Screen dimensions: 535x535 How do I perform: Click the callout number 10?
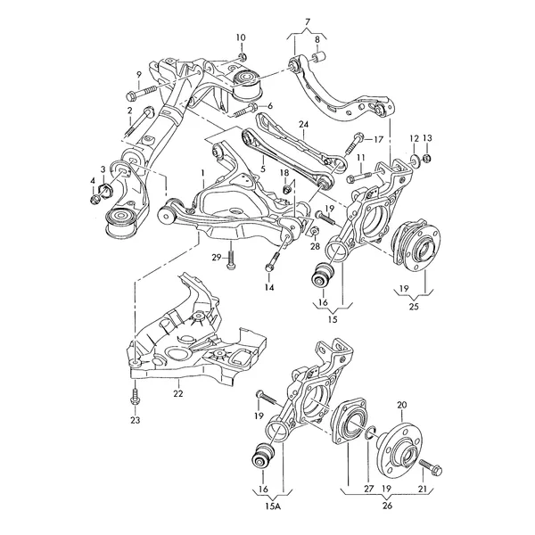241,37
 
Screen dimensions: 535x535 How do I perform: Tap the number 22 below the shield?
178,393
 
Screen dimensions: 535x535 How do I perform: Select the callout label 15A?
273,506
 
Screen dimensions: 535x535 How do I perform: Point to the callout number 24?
304,125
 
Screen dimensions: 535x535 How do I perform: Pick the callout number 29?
217,258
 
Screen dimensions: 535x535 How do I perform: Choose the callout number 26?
387,506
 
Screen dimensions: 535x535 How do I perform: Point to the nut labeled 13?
426,158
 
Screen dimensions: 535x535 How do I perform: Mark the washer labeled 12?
414,160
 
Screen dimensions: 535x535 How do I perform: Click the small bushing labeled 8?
320,56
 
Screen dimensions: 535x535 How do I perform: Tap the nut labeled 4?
95,199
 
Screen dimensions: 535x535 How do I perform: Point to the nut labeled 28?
315,230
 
